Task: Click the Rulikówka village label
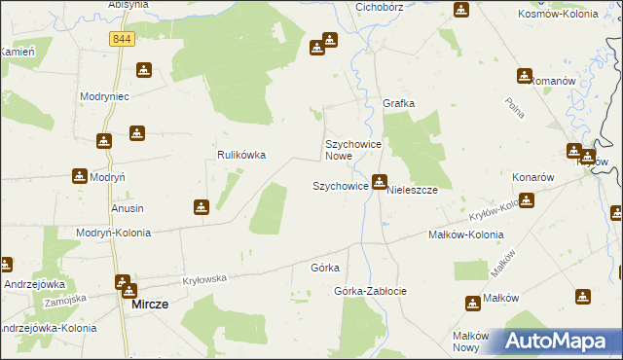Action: pyautogui.click(x=241, y=155)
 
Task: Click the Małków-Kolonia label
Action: pyautogui.click(x=466, y=234)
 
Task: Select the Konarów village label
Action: pyautogui.click(x=532, y=178)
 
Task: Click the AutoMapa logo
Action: pyautogui.click(x=556, y=342)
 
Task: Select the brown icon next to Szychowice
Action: pyautogui.click(x=380, y=181)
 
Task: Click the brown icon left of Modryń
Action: pyautogui.click(x=79, y=176)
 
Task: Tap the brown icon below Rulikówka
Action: pyautogui.click(x=201, y=206)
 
